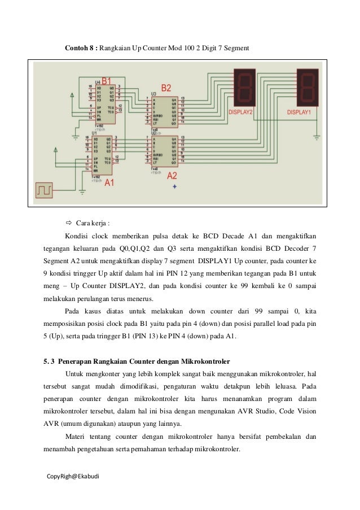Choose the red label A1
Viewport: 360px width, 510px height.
click(x=109, y=183)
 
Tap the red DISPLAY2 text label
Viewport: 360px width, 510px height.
click(x=240, y=112)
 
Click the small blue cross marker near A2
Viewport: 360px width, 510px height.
click(x=174, y=186)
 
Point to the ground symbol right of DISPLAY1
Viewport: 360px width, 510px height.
click(x=317, y=136)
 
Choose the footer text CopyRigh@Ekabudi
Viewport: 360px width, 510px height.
click(x=72, y=476)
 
